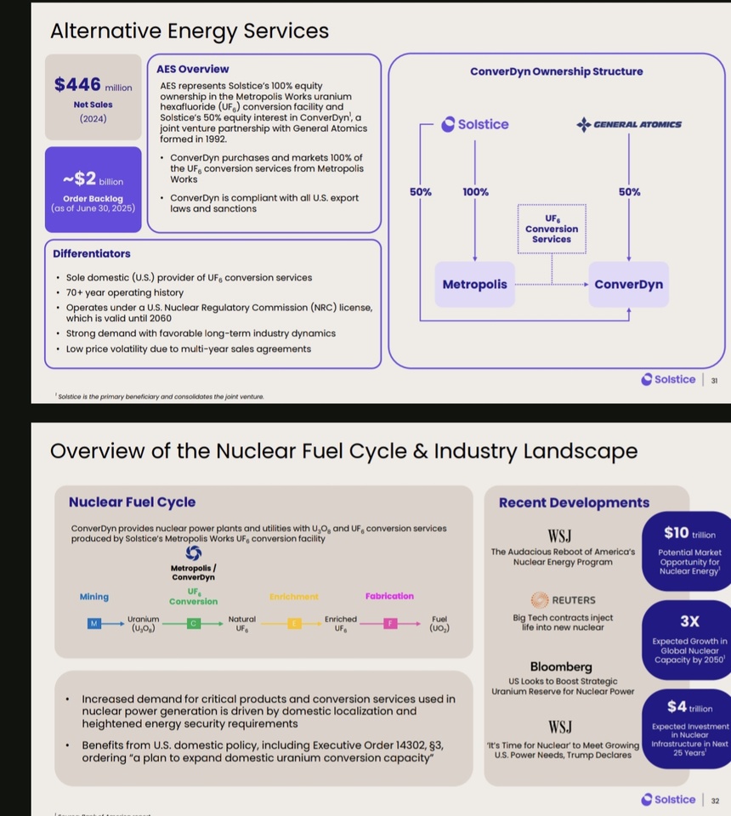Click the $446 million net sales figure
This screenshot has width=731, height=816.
(92, 85)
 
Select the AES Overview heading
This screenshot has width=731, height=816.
(192, 69)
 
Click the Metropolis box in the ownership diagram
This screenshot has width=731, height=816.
(474, 285)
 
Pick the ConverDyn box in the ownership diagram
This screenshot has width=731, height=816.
(628, 285)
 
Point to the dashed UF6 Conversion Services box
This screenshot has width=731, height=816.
(552, 229)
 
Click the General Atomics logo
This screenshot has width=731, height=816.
(629, 124)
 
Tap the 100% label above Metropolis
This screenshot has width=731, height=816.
(476, 192)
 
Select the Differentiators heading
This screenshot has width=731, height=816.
(92, 253)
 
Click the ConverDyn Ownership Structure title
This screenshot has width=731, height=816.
(556, 71)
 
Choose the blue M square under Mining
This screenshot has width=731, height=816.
(94, 624)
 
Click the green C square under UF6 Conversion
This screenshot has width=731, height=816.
(194, 624)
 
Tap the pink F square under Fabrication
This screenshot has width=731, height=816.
(390, 624)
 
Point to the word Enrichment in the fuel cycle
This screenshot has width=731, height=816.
(293, 597)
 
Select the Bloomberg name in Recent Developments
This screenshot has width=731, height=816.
(561, 666)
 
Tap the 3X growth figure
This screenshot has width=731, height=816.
(689, 621)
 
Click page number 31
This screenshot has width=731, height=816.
(714, 380)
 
